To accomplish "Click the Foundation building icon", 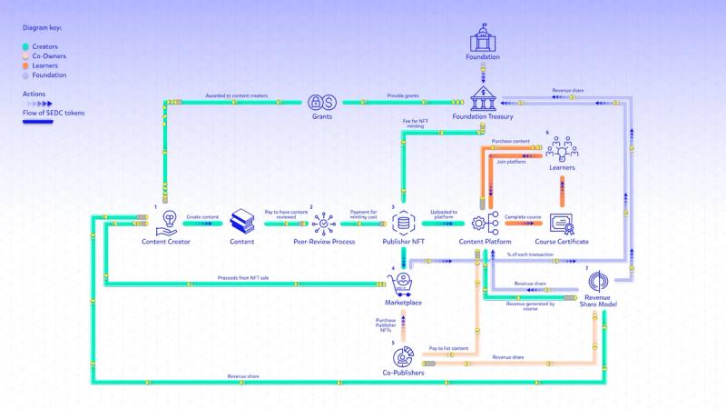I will pos(484,40).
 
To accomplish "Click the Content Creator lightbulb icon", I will pos(166,221).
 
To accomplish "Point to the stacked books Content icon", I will pos(242,221).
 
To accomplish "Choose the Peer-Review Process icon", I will pos(324,221).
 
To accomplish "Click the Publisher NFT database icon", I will pos(404,221).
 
